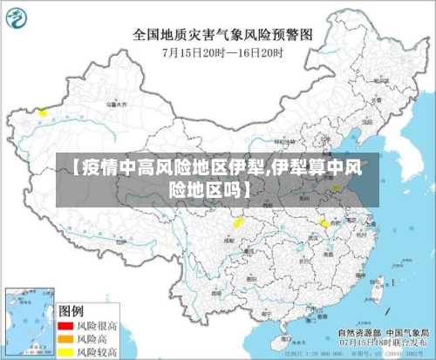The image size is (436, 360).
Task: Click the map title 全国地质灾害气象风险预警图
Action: (x=221, y=36)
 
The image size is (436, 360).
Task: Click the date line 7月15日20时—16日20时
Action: (x=222, y=53)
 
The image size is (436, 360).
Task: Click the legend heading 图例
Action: (x=71, y=310)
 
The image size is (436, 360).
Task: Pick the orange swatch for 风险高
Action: (x=64, y=338)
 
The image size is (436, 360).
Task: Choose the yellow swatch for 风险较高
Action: (x=64, y=351)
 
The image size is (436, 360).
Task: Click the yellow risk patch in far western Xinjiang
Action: (x=41, y=112)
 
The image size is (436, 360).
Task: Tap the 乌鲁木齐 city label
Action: (x=115, y=104)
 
